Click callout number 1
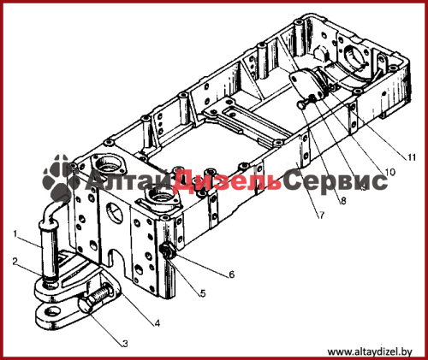pyautogui.click(x=15, y=233)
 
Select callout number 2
pyautogui.click(x=15, y=262)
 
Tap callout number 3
pyautogui.click(x=125, y=344)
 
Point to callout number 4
pyautogui.click(x=157, y=323)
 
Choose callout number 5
pyautogui.click(x=203, y=293)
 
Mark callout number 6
pyautogui.click(x=232, y=274)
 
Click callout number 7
pyautogui.click(x=322, y=215)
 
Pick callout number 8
pyautogui.click(x=343, y=201)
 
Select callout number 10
pyautogui.click(x=389, y=172)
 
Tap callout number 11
pyautogui.click(x=412, y=157)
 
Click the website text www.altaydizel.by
pyautogui.click(x=370, y=352)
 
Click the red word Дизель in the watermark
pyautogui.click(x=227, y=180)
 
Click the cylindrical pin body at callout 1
pyautogui.click(x=51, y=247)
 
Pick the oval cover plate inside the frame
pyautogui.click(x=306, y=86)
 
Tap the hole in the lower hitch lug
pyautogui.click(x=53, y=311)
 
